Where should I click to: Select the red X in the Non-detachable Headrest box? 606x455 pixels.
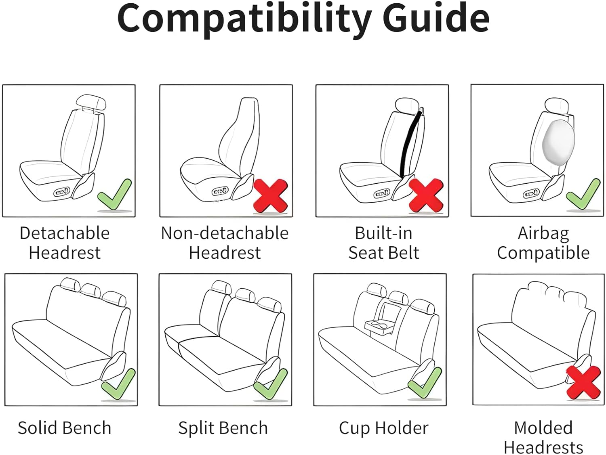(x=271, y=196)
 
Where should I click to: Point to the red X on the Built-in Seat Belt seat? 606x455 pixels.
(x=426, y=195)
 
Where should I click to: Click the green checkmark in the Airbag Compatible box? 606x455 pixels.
(x=583, y=196)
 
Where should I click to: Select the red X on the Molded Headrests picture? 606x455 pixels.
(x=583, y=383)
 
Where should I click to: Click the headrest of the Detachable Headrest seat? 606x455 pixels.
(x=91, y=103)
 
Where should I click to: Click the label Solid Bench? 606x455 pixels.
(x=65, y=428)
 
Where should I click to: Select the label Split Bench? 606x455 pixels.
(x=223, y=428)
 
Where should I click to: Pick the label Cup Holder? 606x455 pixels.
(x=384, y=428)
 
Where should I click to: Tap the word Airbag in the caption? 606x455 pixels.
(x=543, y=234)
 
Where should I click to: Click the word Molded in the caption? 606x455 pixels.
(x=543, y=428)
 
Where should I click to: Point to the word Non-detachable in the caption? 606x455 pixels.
(x=225, y=233)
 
